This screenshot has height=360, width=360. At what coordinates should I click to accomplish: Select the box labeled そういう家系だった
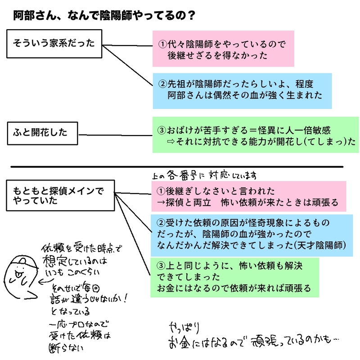(54, 44)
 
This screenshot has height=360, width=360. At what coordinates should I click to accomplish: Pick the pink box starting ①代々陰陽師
(223, 49)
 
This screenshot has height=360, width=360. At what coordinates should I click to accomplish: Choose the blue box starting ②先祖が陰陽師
(242, 90)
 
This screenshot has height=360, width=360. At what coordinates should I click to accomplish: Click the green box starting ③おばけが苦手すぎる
(255, 135)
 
